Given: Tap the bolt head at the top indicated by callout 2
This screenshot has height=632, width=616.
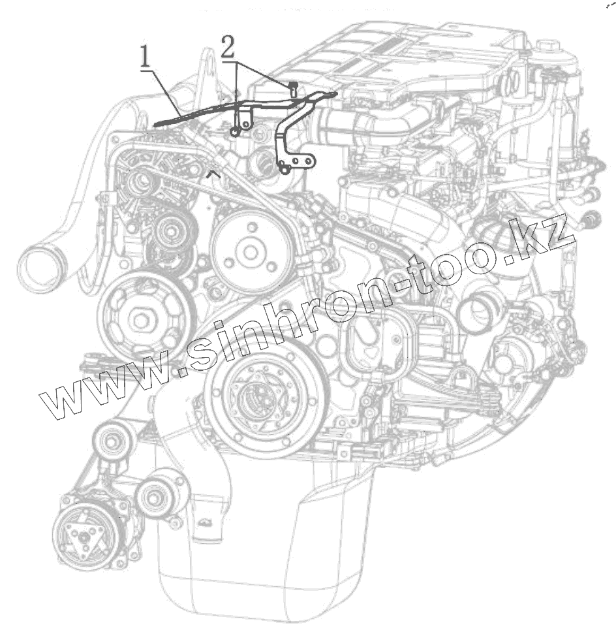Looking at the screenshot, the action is tap(293, 86).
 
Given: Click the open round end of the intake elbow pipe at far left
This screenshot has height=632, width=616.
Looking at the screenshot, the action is tap(40, 268).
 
